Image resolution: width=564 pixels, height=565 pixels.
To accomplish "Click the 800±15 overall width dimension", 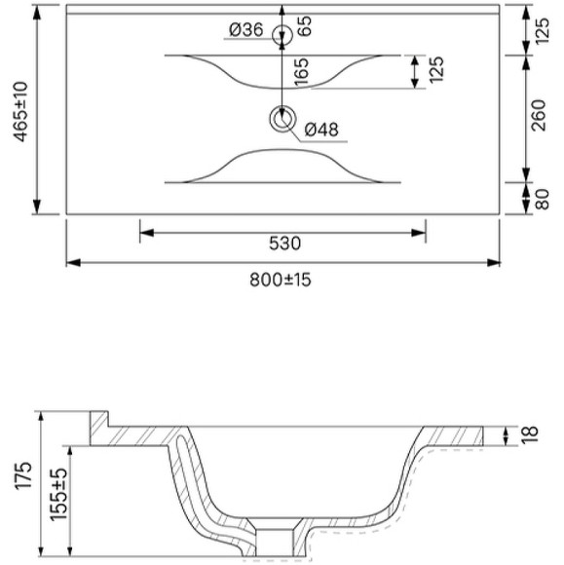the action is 280,280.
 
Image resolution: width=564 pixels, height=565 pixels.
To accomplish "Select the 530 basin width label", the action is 284,244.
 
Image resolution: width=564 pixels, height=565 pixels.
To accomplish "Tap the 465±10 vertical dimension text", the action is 20,112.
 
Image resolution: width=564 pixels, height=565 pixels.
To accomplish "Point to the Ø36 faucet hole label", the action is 246,29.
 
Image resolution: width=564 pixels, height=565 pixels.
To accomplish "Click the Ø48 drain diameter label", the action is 321,130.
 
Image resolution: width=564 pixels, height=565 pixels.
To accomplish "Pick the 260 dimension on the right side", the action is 539,115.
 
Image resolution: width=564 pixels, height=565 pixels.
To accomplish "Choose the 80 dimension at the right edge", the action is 542,199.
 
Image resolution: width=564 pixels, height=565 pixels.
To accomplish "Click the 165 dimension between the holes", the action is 302,72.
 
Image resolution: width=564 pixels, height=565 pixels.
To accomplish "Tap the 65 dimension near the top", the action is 304,26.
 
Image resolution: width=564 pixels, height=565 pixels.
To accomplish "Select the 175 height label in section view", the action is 23,475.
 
